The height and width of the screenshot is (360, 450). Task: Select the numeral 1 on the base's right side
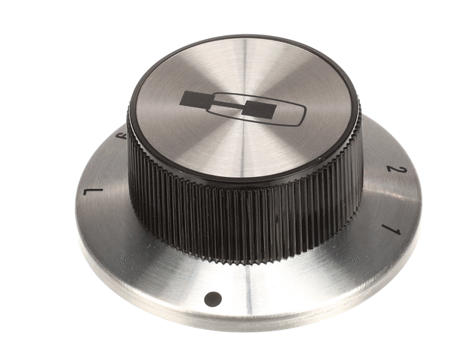(390, 227)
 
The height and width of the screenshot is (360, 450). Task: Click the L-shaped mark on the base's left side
(93, 193)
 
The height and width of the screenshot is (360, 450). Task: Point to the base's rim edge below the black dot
(214, 324)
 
